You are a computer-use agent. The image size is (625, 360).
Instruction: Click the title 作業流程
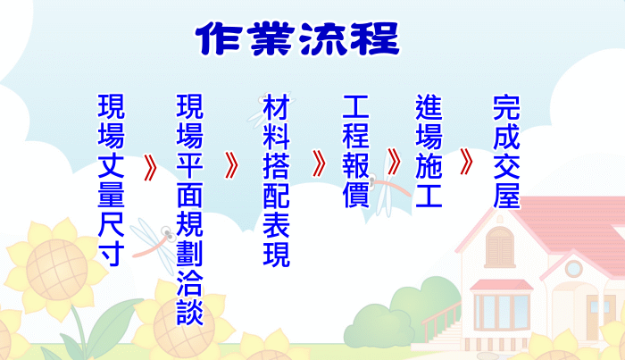pyautogui.click(x=297, y=38)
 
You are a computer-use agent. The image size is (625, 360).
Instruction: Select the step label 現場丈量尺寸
pyautogui.click(x=112, y=180)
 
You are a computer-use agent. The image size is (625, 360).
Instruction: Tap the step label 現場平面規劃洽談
pyautogui.click(x=189, y=209)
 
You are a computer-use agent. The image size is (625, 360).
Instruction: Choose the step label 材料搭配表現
pyautogui.click(x=276, y=180)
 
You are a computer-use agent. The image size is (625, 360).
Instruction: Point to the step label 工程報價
pyautogui.click(x=356, y=151)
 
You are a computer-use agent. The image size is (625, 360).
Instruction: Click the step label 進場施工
pyautogui.click(x=429, y=151)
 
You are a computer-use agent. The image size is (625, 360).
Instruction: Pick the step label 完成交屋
pyautogui.click(x=506, y=152)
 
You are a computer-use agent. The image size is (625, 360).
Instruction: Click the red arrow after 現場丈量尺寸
pyautogui.click(x=150, y=167)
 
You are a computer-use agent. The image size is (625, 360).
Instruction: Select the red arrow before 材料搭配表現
pyautogui.click(x=231, y=165)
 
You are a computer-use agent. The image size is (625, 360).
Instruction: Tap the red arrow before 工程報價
pyautogui.click(x=319, y=163)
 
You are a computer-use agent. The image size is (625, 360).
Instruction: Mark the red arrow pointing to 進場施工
pyautogui.click(x=394, y=162)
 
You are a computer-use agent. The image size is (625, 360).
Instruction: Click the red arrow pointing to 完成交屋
pyautogui.click(x=466, y=162)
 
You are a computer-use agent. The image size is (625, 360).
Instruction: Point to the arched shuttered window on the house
pyautogui.click(x=499, y=247)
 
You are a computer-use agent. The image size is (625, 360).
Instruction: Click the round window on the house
pyautogui.click(x=573, y=268)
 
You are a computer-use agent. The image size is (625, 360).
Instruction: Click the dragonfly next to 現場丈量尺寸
pyautogui.click(x=154, y=244)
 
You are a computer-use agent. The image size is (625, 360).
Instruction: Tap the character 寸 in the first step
pyautogui.click(x=112, y=253)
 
